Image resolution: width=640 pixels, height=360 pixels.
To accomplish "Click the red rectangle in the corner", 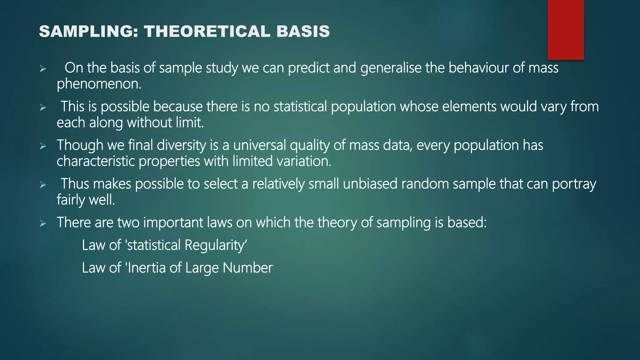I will (x=566, y=30).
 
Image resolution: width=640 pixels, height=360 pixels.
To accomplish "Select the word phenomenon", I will (x=99, y=84).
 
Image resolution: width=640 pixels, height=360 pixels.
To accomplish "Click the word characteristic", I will (x=96, y=161).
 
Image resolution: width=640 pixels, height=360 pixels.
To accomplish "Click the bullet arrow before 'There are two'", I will (x=43, y=223).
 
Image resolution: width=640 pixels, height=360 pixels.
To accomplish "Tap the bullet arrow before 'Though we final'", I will (x=43, y=146).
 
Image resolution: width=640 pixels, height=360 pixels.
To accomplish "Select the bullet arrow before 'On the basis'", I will (x=43, y=69).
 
